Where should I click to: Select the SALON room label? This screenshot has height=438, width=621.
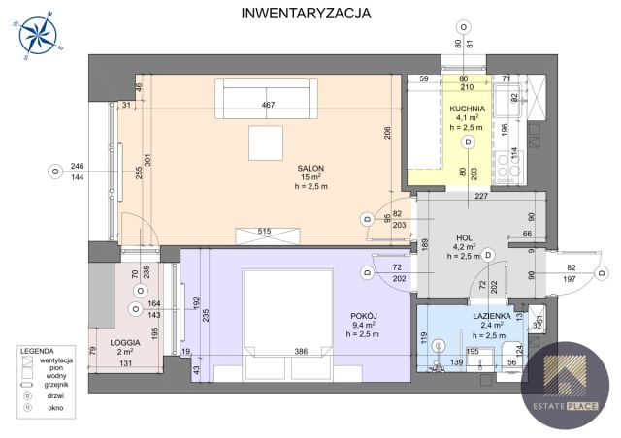[x=310, y=167]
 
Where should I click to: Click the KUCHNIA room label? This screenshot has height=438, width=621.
[x=468, y=109]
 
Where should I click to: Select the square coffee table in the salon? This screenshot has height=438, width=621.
[x=266, y=143]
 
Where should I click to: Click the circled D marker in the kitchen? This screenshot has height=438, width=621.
[x=468, y=141]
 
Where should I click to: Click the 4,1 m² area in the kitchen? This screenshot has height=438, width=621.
[x=468, y=118]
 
